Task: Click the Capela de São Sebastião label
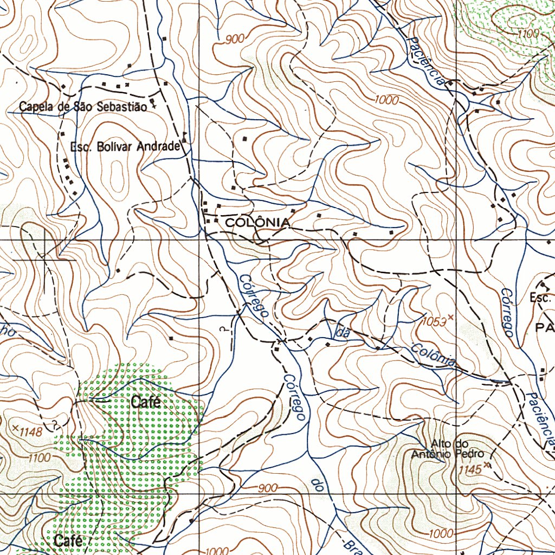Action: coord(83,107)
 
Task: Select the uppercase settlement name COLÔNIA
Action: coord(257,222)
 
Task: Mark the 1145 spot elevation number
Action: coord(469,470)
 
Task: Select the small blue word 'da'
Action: coord(343,333)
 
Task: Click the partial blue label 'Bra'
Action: coord(352,546)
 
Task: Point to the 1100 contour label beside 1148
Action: coord(39,458)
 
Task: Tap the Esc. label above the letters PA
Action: coord(540,298)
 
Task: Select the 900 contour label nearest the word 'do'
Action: coord(268,488)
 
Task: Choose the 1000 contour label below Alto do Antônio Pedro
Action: coord(440,533)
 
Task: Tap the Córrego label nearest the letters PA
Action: coord(507,311)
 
